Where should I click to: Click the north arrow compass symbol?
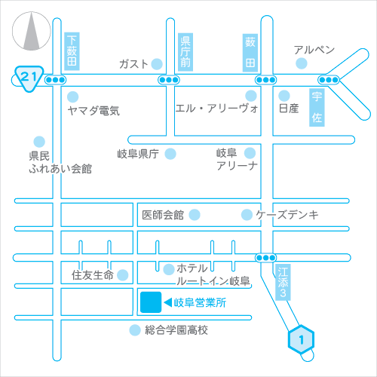point(32,31)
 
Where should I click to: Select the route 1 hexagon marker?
point(301,339)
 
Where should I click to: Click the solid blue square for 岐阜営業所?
point(151,302)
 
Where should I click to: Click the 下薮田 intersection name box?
point(72,51)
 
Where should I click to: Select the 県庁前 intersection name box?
point(185,52)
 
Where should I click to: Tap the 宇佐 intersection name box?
point(317,107)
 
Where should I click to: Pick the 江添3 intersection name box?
point(283,282)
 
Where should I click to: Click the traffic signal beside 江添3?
point(266,258)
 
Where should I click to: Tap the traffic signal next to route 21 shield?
point(55,80)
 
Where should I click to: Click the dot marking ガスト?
point(157,64)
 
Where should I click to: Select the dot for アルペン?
point(302,63)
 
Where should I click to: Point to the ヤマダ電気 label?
point(93,111)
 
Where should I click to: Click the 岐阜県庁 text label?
point(138,154)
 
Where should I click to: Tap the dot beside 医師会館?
point(195,215)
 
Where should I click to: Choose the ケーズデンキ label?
point(287,215)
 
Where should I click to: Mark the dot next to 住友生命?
point(123,275)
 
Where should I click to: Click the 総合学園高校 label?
point(176,330)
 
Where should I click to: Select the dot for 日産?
point(284,96)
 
